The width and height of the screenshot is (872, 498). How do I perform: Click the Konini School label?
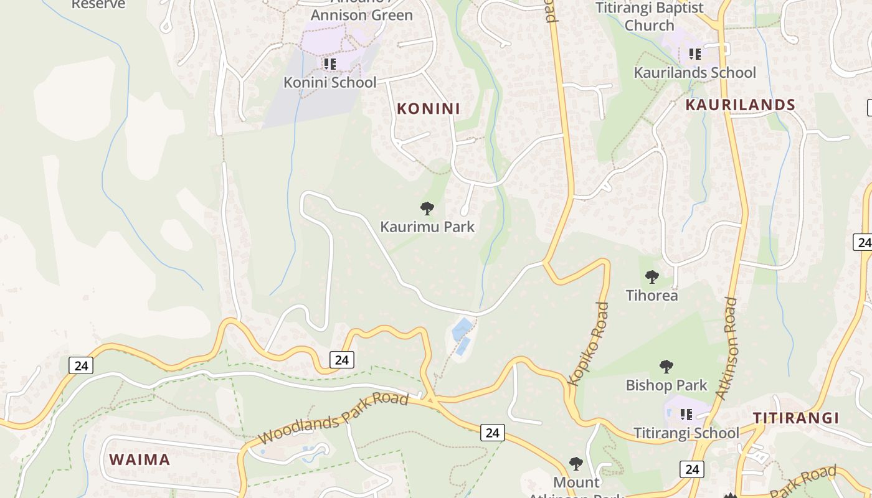(330, 82)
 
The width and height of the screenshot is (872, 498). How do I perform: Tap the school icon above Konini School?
(329, 63)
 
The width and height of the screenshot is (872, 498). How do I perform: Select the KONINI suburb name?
(429, 108)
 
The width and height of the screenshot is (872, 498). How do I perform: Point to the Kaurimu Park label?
(427, 227)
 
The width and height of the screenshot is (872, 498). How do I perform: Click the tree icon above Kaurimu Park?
(427, 208)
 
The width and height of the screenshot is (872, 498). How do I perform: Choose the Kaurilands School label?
(694, 73)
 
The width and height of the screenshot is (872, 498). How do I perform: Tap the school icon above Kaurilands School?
(694, 54)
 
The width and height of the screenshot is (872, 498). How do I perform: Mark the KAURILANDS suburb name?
(740, 105)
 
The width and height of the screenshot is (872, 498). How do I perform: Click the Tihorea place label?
(652, 295)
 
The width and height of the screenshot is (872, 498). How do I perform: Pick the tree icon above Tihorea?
(652, 276)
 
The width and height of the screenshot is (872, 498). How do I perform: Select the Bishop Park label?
(666, 385)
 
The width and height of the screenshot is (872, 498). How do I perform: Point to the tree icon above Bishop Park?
(666, 366)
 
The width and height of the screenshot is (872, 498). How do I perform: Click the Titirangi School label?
(686, 433)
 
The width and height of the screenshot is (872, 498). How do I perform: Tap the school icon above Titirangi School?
(686, 414)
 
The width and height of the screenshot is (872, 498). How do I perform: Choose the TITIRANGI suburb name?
(796, 418)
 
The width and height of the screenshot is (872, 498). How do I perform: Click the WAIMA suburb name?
(140, 460)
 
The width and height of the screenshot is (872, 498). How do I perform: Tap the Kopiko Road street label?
(589, 344)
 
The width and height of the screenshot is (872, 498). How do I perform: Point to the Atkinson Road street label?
(727, 349)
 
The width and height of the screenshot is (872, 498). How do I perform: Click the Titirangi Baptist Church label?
(650, 16)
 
